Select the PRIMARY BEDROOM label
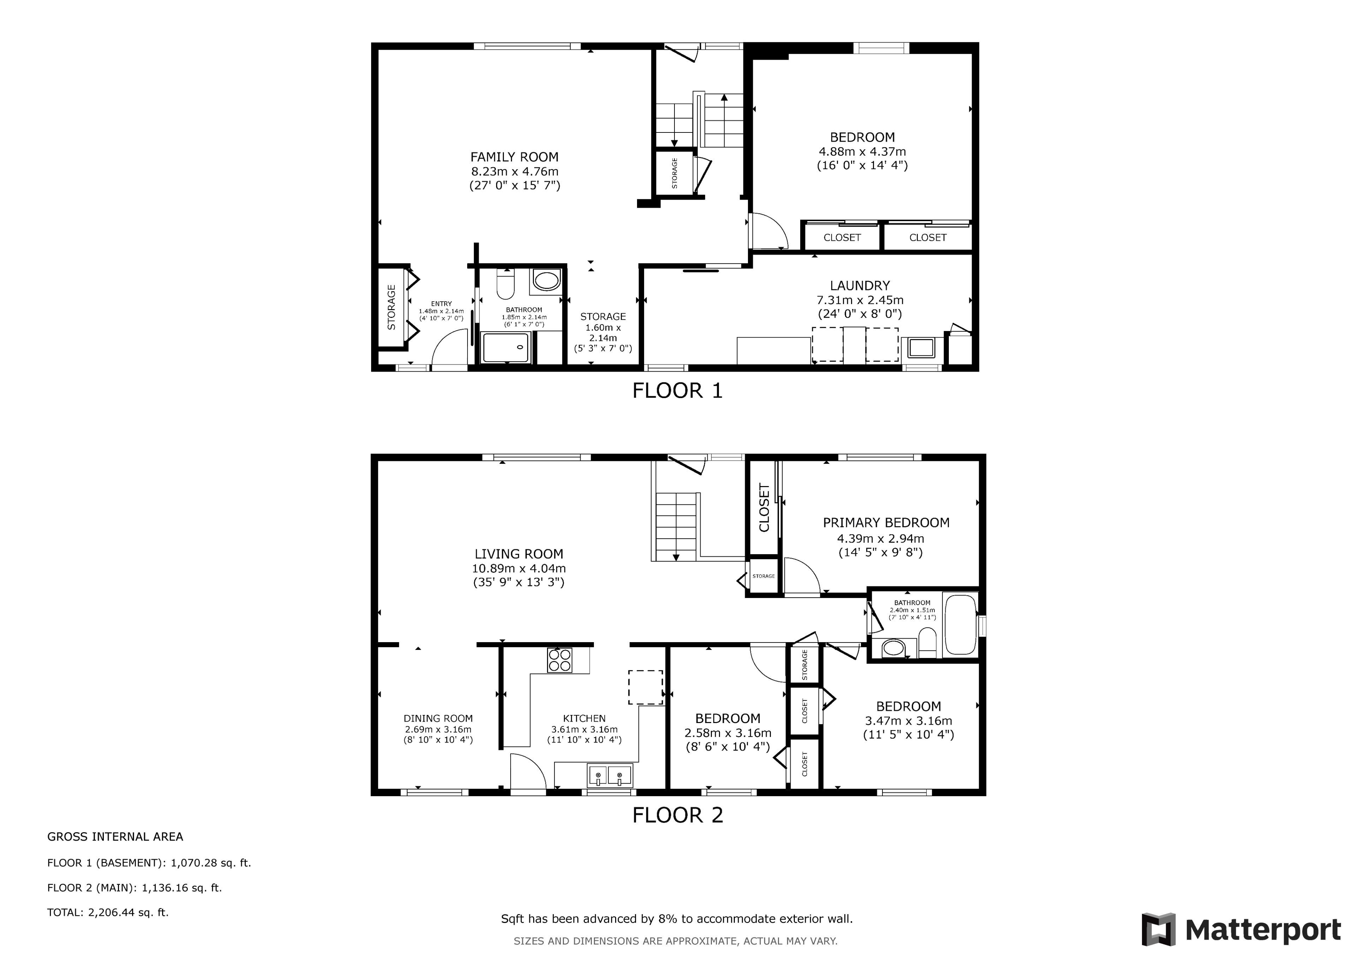point(886,523)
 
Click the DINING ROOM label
point(438,718)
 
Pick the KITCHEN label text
point(584,718)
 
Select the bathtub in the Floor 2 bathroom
point(960,624)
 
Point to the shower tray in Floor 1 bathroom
point(506,348)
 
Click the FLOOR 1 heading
point(677,391)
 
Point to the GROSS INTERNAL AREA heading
point(115,837)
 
